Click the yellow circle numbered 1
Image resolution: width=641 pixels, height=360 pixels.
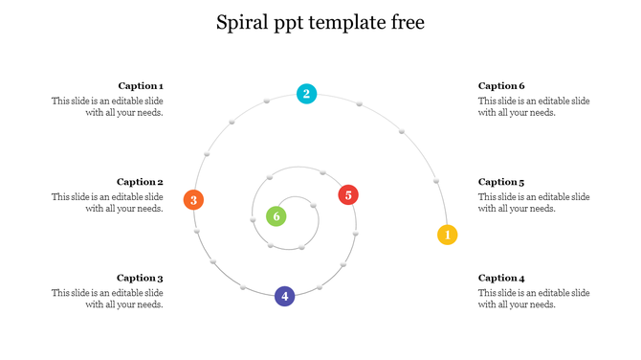[448, 235]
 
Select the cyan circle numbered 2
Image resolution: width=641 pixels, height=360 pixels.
[306, 94]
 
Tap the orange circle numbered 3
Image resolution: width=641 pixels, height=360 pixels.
[193, 200]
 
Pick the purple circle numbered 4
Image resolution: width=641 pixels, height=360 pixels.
[284, 297]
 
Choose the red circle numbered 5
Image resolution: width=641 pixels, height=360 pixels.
[348, 195]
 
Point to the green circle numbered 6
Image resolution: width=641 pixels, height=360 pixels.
[276, 216]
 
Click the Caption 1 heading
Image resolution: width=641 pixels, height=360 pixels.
[141, 85]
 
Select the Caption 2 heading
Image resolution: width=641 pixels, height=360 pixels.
[141, 182]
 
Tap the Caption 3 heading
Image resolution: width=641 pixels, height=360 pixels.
[141, 279]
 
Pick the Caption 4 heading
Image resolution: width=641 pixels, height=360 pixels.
[501, 279]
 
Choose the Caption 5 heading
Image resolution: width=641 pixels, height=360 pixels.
[501, 182]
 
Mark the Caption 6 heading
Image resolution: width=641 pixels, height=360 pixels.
[501, 85]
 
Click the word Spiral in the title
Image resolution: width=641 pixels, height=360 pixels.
[244, 22]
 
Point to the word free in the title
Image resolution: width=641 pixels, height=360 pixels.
[406, 22]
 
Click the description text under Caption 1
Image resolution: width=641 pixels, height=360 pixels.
[108, 106]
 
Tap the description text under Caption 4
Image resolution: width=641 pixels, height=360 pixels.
[534, 299]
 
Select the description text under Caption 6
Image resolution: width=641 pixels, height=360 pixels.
[534, 106]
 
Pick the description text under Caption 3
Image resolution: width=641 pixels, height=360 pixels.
[108, 299]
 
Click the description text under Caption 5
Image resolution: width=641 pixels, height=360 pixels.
[534, 203]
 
